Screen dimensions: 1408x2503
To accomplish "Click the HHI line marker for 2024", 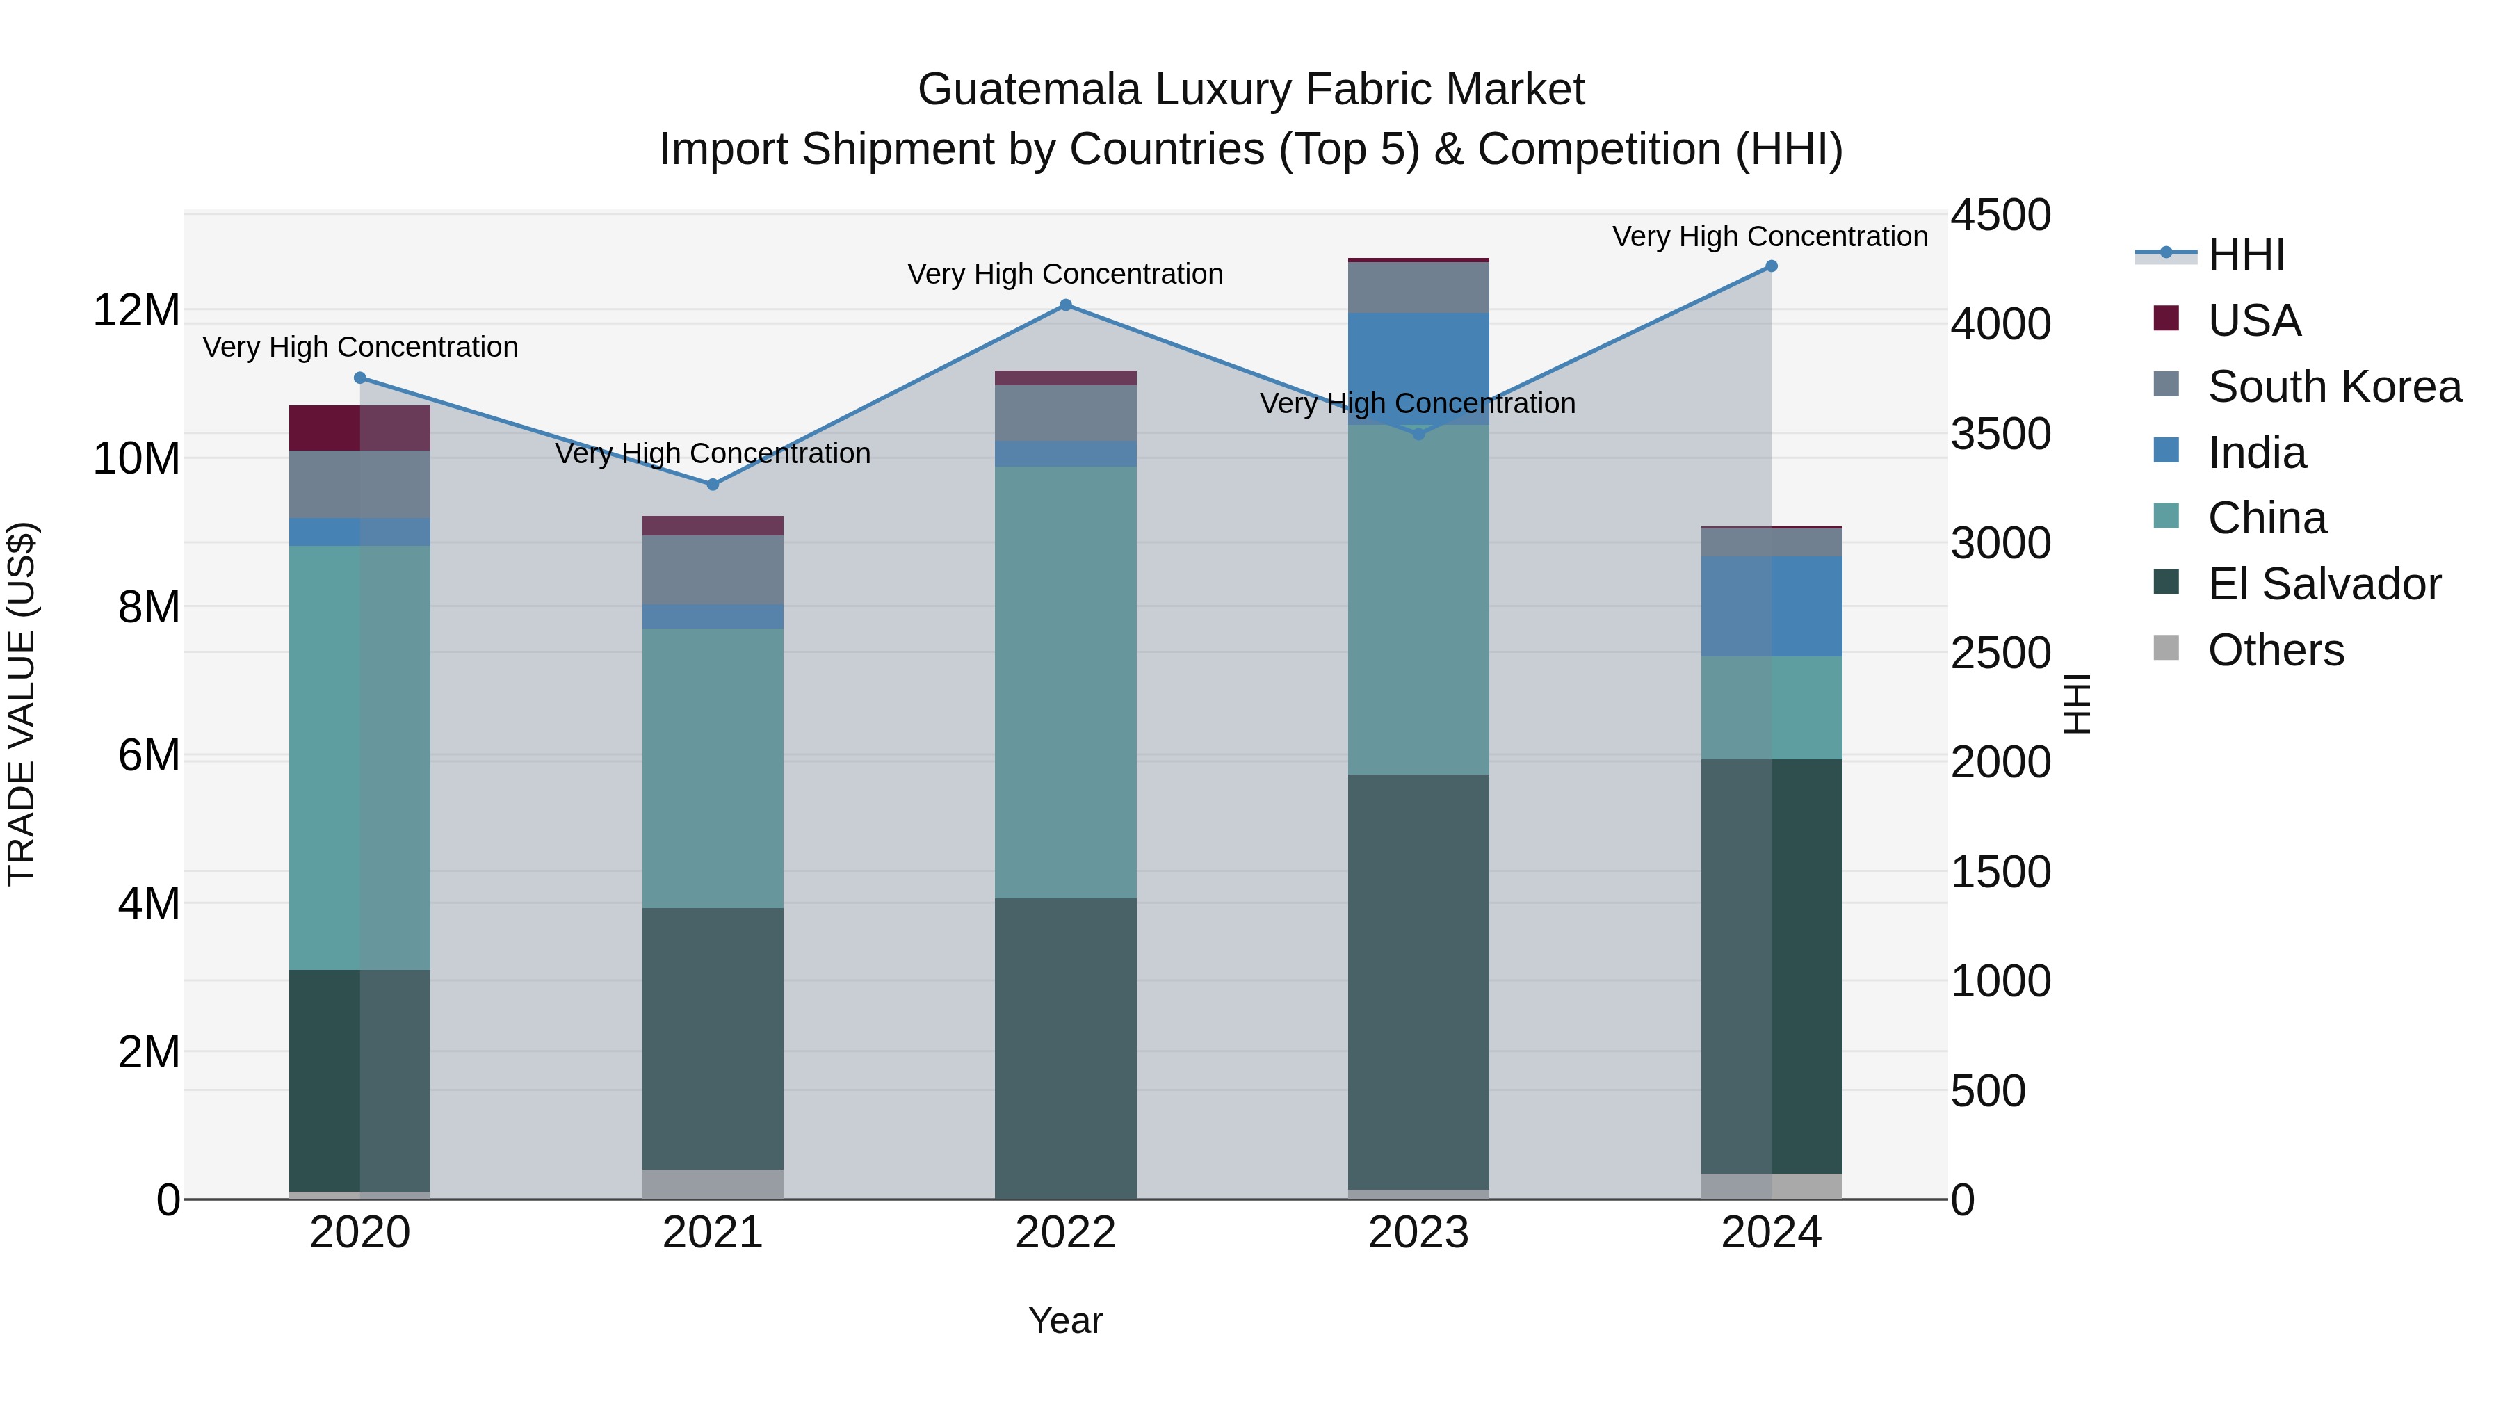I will (1770, 266).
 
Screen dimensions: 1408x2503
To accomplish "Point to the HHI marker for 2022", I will (1065, 305).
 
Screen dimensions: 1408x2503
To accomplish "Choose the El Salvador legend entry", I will (2323, 584).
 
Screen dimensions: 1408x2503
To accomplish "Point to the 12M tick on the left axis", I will (136, 311).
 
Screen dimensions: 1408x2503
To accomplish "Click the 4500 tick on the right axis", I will (2000, 215).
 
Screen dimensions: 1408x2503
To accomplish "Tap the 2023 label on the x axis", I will (1418, 1233).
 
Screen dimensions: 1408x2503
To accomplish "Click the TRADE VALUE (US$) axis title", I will (22, 704).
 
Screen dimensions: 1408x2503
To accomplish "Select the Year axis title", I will (1065, 1320).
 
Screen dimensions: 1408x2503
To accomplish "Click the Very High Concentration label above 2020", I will (359, 347).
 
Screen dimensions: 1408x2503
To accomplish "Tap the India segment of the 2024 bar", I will (1770, 606).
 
